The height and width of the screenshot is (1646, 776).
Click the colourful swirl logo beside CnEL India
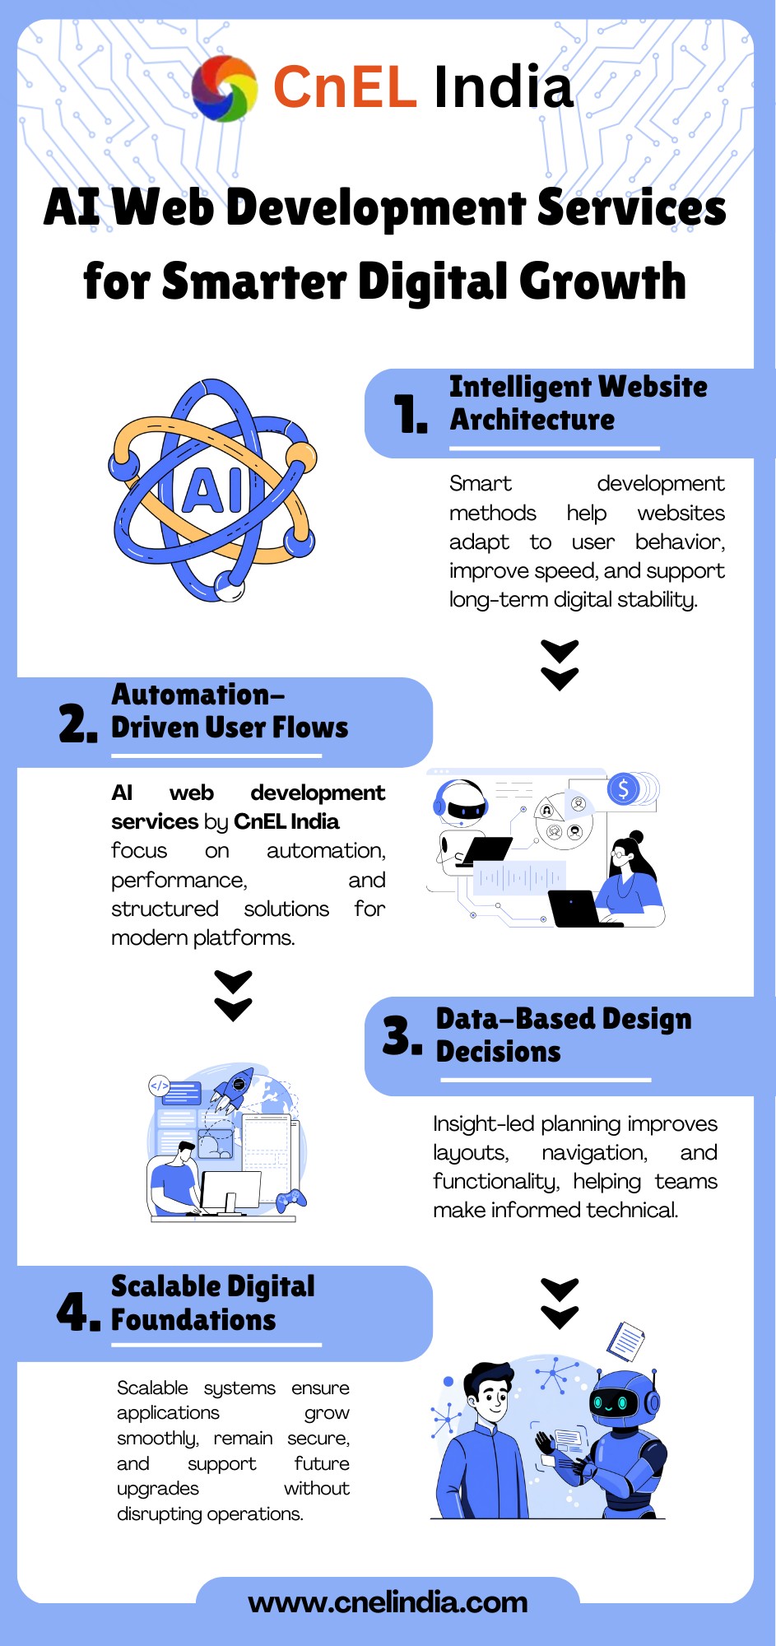tap(224, 88)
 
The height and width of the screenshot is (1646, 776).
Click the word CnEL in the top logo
tap(345, 87)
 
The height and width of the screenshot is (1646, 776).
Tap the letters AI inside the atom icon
tap(213, 491)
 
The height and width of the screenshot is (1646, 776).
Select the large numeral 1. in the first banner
tap(410, 413)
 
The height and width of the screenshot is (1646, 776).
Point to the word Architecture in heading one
tap(532, 419)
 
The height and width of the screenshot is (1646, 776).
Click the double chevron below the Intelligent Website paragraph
tap(560, 665)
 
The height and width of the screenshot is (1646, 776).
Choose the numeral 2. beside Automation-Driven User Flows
tap(78, 723)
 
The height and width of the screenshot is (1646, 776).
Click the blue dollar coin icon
tap(624, 789)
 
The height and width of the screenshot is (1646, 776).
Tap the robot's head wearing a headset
tap(461, 802)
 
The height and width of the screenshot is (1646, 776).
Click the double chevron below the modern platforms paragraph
tap(233, 996)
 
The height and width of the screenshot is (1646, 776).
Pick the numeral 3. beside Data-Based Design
tap(402, 1035)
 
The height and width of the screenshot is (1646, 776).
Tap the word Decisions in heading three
tap(498, 1051)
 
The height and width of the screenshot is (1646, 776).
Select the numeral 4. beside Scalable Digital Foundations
tap(78, 1310)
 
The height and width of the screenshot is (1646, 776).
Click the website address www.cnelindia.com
tap(388, 1602)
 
